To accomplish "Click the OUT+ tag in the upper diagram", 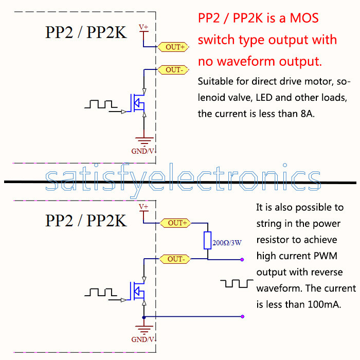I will click(x=175, y=47).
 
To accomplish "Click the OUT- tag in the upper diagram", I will click(x=174, y=69).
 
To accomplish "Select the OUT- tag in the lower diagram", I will click(x=175, y=259).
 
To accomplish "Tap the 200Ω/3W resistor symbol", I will click(x=207, y=240).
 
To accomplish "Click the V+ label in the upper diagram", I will click(x=144, y=27).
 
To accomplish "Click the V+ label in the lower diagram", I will click(x=144, y=207).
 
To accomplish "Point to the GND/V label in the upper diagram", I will click(x=143, y=151).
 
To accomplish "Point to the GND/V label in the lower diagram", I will click(x=143, y=339).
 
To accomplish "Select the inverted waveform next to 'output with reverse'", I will click(x=237, y=284).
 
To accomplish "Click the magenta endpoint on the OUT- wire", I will click(x=242, y=259).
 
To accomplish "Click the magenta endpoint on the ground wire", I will click(x=242, y=317).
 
